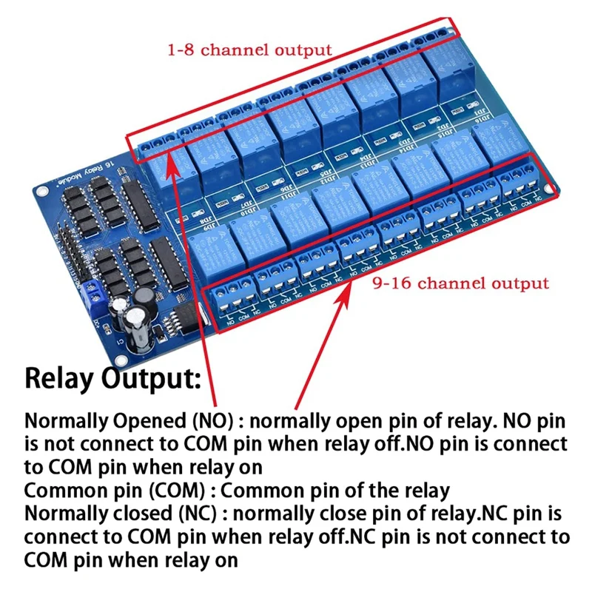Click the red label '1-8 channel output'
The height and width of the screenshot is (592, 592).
[249, 50]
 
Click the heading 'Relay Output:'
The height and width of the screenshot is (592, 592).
[112, 379]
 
